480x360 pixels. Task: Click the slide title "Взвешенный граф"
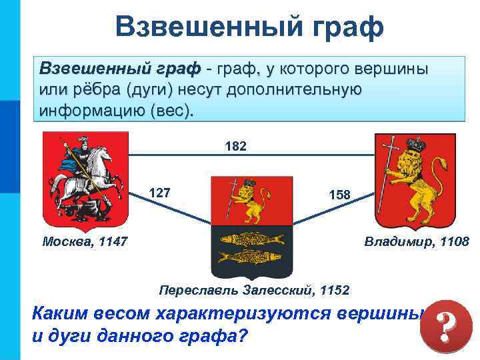249,27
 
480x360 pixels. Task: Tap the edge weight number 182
236,145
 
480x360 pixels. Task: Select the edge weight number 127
160,193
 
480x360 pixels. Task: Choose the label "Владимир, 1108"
417,241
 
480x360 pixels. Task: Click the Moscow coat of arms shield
83,181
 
